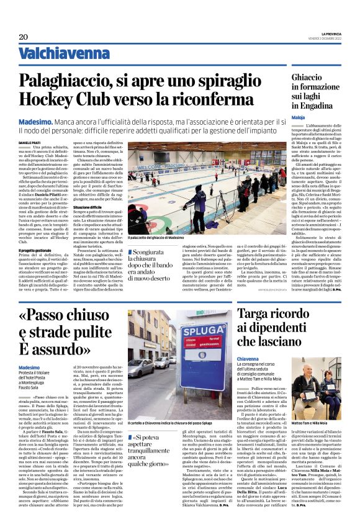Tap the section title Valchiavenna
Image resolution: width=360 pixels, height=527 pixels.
[71, 53]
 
